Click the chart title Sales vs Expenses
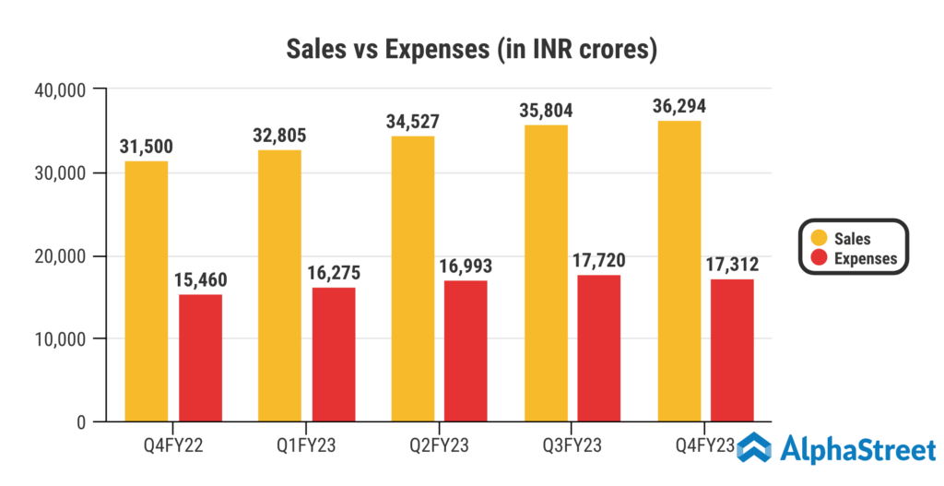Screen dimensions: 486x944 point(471,49)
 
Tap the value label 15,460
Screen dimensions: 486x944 point(200,279)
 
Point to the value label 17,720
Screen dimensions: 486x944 point(598,260)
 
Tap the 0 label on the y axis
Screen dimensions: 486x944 point(81,422)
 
